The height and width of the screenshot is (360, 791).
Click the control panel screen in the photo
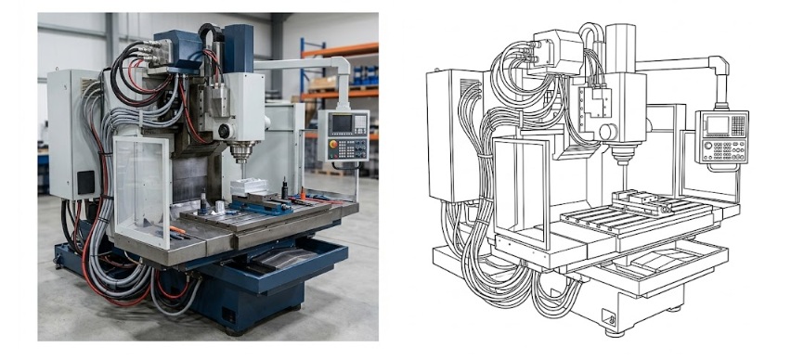(342, 123)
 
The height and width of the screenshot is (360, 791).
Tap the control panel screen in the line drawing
(717, 125)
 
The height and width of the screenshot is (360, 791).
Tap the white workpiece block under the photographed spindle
(248, 186)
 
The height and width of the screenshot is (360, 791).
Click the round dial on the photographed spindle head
(224, 131)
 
